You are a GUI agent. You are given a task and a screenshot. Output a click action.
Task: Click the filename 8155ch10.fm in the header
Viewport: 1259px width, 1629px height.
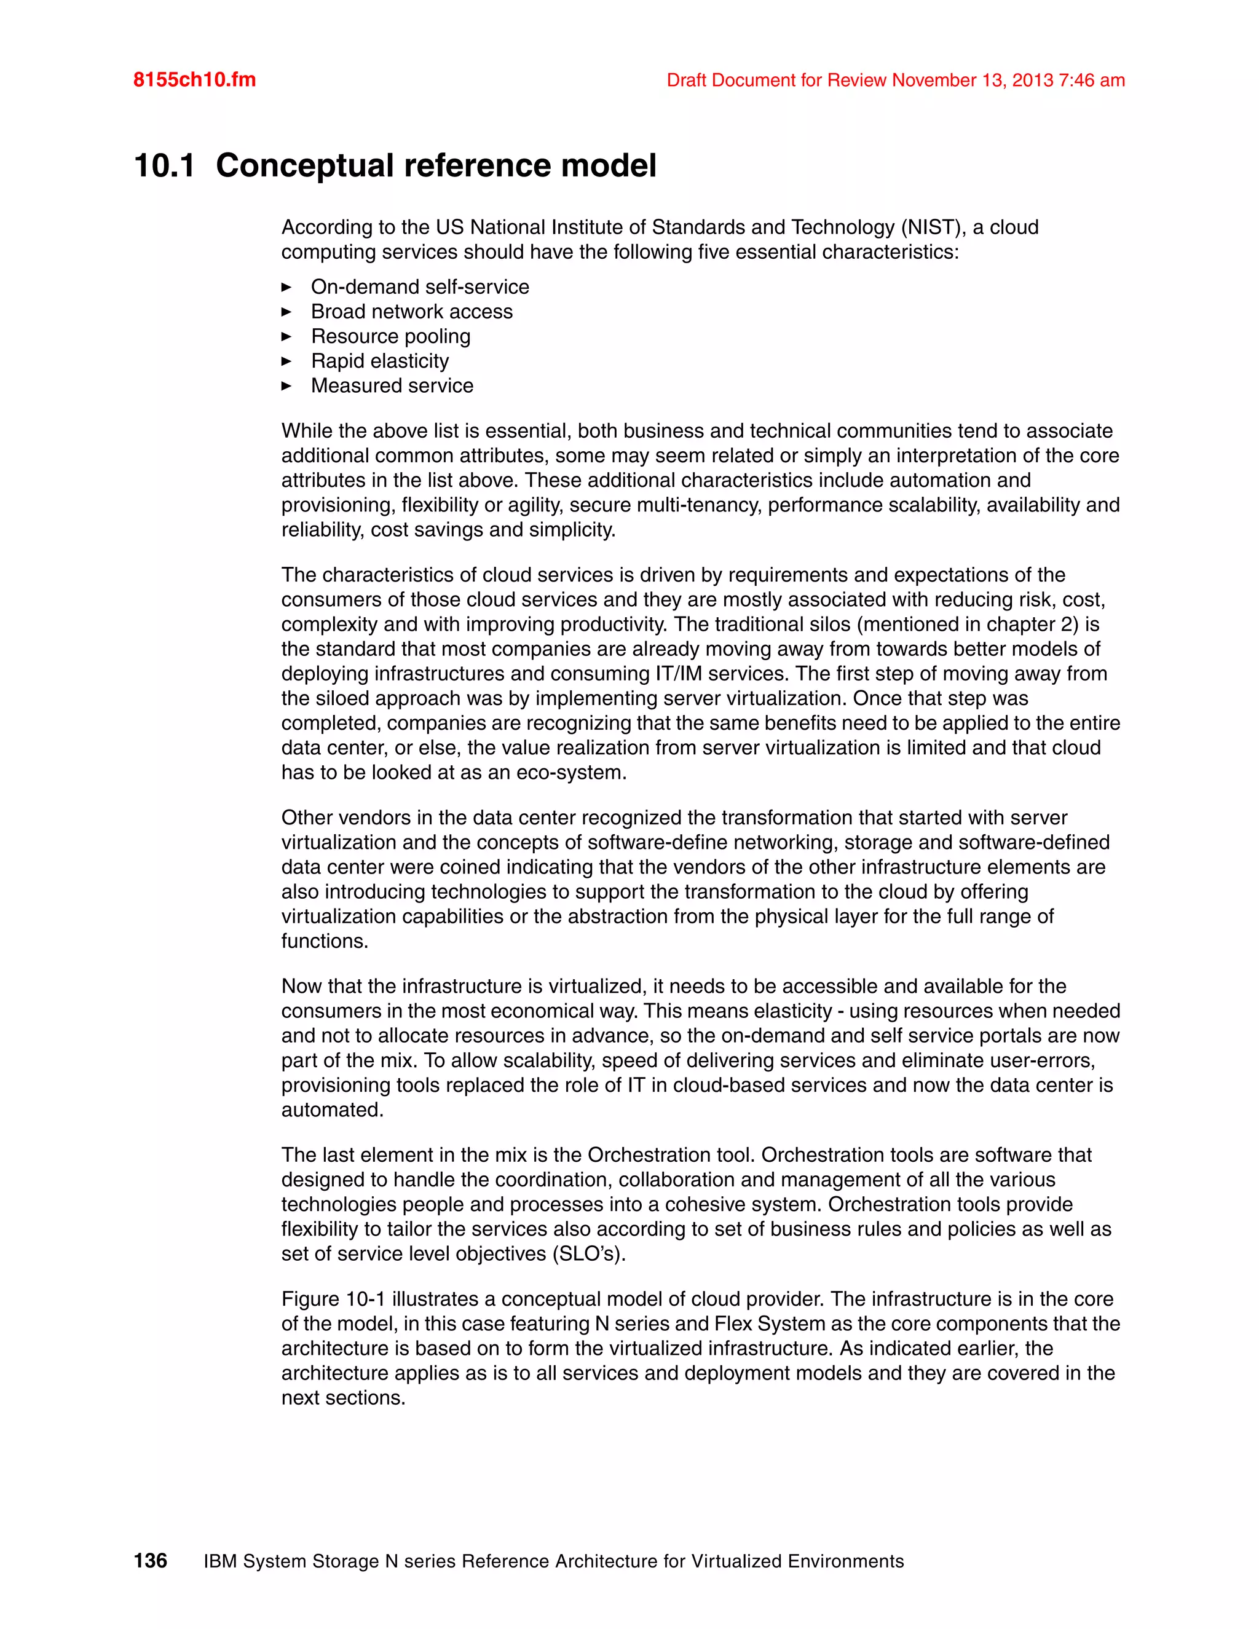coord(194,80)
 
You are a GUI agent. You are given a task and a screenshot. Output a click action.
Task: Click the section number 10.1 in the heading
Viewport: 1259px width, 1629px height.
coord(164,165)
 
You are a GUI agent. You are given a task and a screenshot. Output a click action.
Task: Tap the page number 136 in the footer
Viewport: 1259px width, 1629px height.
coord(150,1560)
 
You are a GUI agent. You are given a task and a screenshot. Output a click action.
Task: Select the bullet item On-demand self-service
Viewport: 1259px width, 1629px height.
coord(419,286)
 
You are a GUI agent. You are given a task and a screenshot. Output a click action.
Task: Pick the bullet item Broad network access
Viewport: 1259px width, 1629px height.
coord(411,311)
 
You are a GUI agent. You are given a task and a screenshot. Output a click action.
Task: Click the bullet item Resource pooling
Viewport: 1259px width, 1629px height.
coord(390,336)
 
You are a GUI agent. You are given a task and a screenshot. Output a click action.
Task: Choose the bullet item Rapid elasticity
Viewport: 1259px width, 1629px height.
coord(380,360)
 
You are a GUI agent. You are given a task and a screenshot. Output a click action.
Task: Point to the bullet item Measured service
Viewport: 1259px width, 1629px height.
coord(392,385)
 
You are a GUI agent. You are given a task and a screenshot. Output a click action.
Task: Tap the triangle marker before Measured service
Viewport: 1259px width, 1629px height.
coord(286,385)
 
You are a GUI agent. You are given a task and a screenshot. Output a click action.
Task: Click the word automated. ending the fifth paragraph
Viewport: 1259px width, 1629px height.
coord(332,1109)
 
